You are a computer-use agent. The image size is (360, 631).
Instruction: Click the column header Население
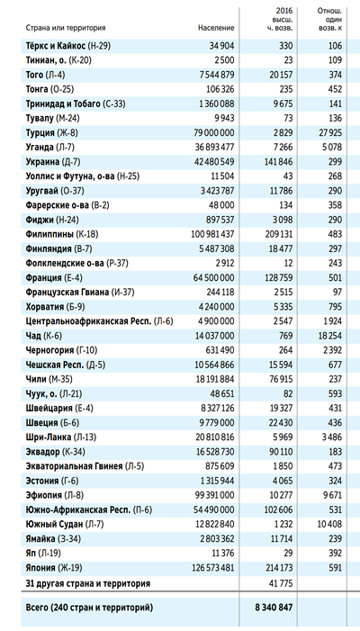(x=216, y=28)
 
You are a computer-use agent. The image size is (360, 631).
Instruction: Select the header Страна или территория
(x=66, y=28)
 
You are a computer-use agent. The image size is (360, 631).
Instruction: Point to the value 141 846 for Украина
(x=279, y=162)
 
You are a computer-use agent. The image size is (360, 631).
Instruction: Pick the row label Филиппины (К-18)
(x=62, y=234)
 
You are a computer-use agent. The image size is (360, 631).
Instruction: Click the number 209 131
(x=279, y=234)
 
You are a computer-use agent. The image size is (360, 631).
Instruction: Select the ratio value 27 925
(x=330, y=133)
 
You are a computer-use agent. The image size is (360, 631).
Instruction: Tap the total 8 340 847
(x=274, y=608)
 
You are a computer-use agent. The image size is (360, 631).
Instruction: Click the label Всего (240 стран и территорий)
(x=89, y=608)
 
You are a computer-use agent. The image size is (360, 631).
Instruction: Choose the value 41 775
(x=281, y=583)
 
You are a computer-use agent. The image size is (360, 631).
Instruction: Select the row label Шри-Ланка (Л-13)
(x=60, y=437)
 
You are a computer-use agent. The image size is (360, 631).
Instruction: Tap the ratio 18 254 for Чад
(x=330, y=336)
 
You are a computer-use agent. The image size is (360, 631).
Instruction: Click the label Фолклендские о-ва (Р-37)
(x=76, y=263)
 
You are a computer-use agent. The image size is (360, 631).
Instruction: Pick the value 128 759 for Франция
(x=279, y=277)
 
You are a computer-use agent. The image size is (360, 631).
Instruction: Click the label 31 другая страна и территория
(x=88, y=583)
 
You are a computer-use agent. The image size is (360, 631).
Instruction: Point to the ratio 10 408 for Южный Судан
(x=330, y=524)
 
